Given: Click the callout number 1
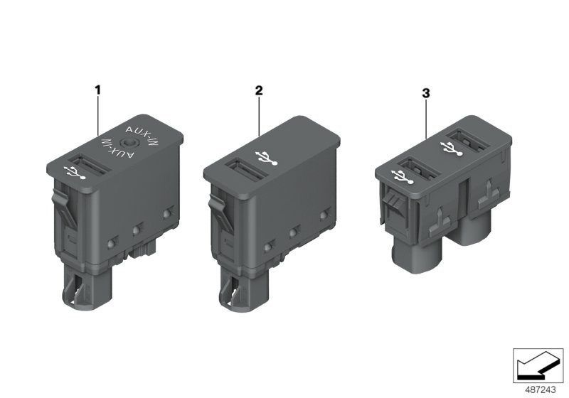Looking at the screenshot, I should pos(98,90).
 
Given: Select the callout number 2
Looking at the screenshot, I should pos(259,90).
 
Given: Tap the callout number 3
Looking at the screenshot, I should pos(426,93).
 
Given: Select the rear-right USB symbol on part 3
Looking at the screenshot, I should pos(449,149).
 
